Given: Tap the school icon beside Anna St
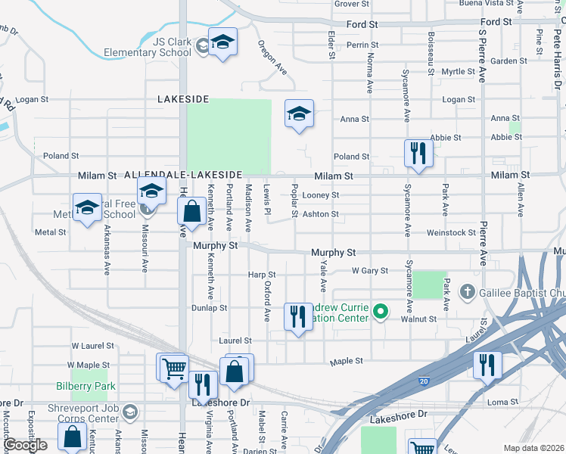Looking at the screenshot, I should click(x=299, y=115).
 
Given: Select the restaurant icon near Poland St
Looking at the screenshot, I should click(x=418, y=154).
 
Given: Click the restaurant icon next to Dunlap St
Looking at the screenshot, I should click(x=298, y=316).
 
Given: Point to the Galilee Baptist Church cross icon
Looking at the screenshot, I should click(x=468, y=291).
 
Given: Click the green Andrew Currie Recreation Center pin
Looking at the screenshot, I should click(x=381, y=311).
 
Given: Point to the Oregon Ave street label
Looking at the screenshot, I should click(x=273, y=58).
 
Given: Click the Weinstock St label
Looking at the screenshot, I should click(x=449, y=233).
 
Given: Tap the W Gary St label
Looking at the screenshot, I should click(x=369, y=270).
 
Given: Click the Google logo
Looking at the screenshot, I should click(x=26, y=445).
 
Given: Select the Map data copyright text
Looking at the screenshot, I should click(x=533, y=448).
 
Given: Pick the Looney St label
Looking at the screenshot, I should click(x=320, y=195).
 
